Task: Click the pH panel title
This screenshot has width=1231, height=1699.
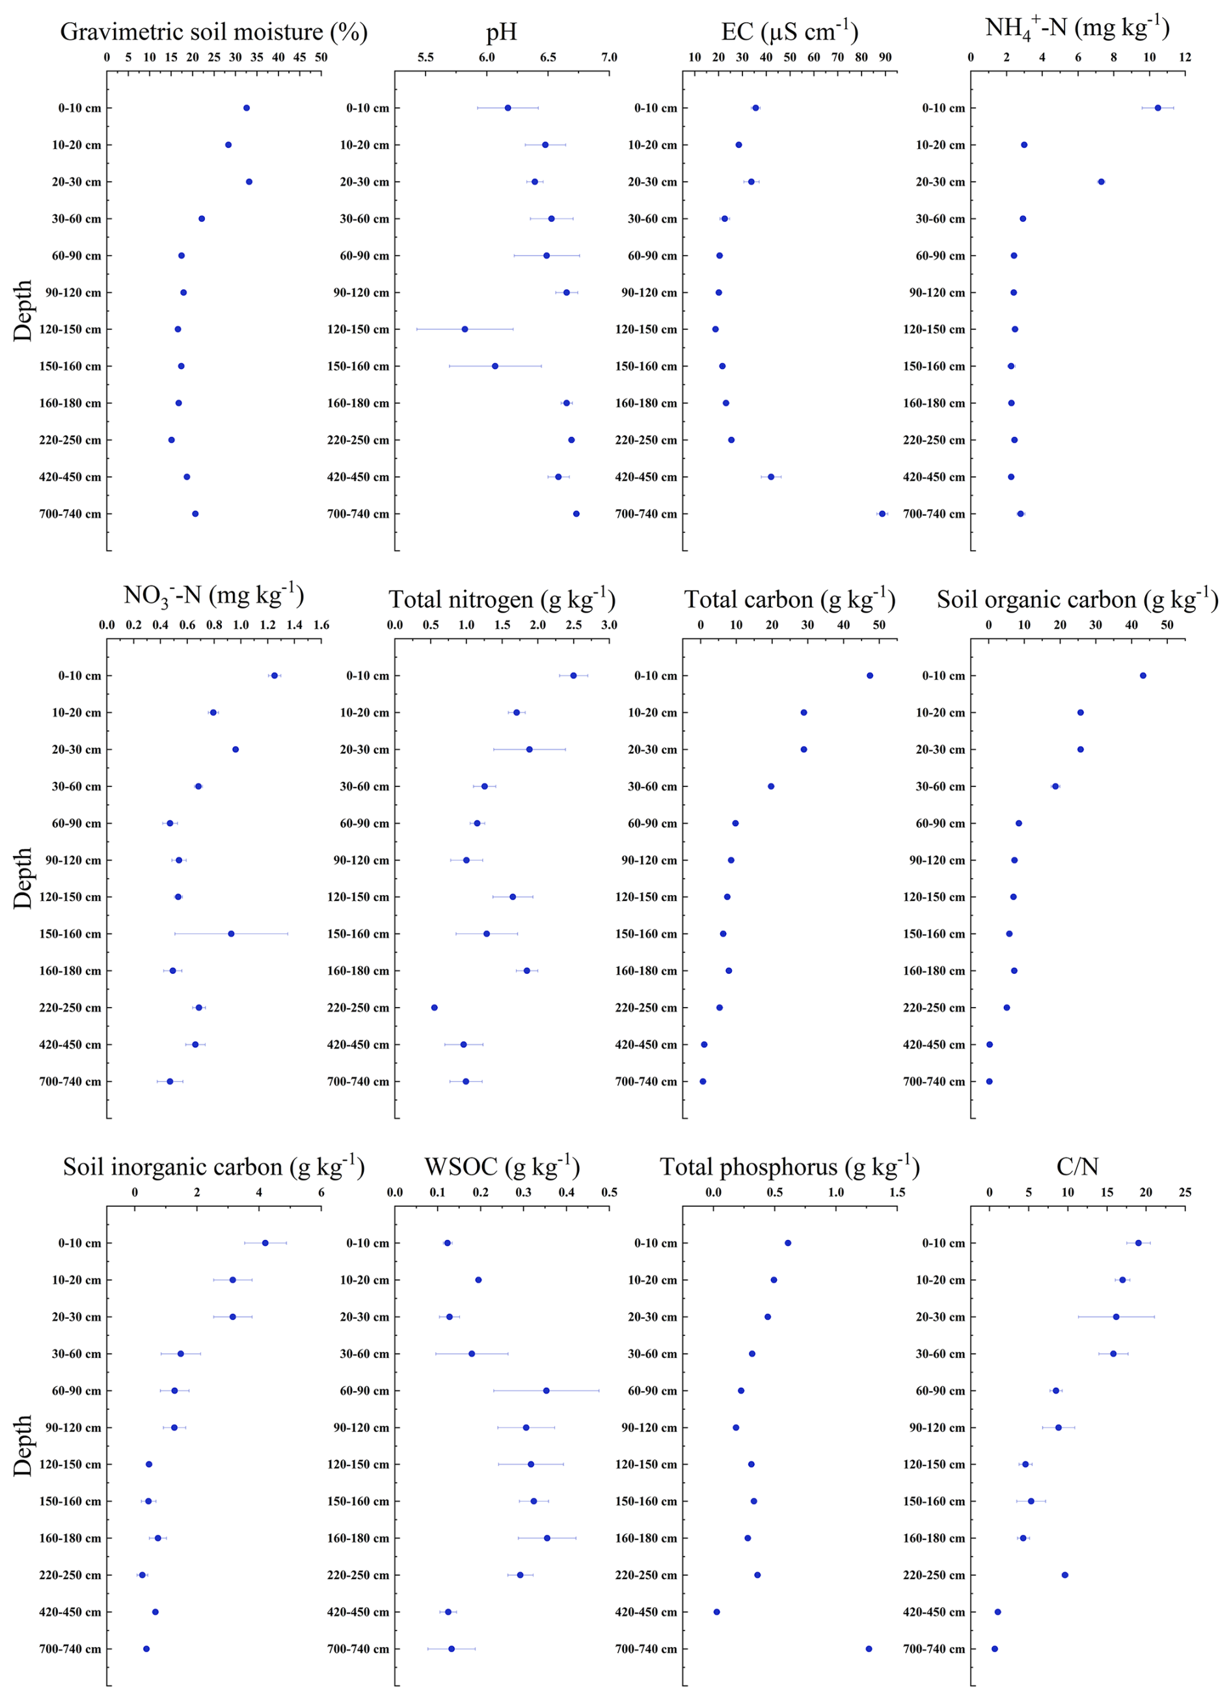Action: (x=501, y=32)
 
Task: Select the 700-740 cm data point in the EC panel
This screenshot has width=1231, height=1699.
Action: (x=882, y=514)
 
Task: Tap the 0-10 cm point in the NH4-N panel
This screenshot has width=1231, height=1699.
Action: (x=1157, y=108)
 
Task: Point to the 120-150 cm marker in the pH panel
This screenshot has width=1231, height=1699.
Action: (x=465, y=329)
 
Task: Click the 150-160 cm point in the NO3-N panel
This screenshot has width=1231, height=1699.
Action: (x=230, y=933)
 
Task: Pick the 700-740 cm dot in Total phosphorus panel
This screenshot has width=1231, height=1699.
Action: (x=869, y=1649)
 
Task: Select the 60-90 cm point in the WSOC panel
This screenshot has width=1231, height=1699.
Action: (x=546, y=1390)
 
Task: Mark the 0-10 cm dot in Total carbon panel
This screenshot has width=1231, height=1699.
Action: (x=869, y=676)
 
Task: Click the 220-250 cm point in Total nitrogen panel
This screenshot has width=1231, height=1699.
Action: (x=434, y=1008)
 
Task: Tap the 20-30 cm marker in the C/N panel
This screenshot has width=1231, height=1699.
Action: (x=1116, y=1317)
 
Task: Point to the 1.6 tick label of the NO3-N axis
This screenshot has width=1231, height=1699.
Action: (x=321, y=626)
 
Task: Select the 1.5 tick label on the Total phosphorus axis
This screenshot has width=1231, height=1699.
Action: (x=897, y=1193)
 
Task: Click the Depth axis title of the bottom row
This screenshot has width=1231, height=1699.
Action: (x=23, y=1445)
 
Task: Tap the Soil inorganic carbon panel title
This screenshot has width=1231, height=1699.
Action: (x=213, y=1167)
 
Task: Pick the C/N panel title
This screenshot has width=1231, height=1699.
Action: (x=1077, y=1167)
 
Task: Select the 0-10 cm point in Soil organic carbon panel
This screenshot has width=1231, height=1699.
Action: (x=1143, y=676)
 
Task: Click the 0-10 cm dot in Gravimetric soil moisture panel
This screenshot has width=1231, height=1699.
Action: (x=247, y=108)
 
